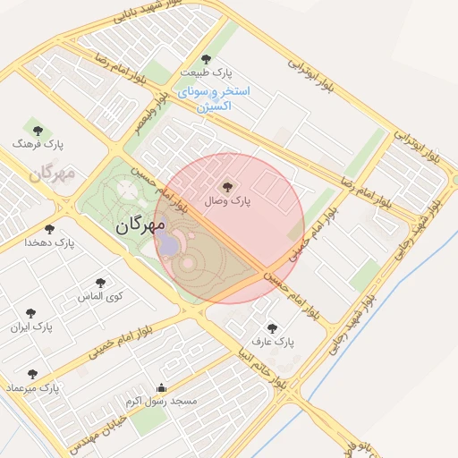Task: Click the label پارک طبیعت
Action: (x=206, y=72)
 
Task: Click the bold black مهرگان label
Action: (x=141, y=226)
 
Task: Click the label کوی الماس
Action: (x=99, y=295)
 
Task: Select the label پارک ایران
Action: (x=31, y=327)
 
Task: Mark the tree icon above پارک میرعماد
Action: (x=33, y=374)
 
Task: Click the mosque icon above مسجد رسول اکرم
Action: (x=161, y=387)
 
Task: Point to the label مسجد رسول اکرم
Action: (x=161, y=401)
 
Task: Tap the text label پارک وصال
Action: (x=227, y=201)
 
